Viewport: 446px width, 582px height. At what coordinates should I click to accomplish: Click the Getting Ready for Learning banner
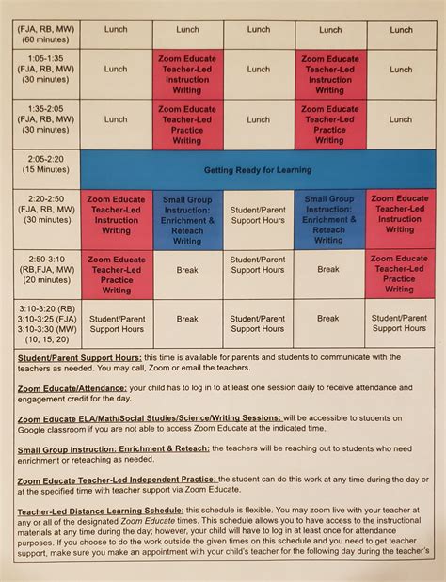click(x=258, y=170)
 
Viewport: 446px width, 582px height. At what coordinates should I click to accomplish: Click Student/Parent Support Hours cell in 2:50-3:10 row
click(x=258, y=264)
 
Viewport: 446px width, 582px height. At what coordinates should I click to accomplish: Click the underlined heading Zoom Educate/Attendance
click(x=72, y=387)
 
